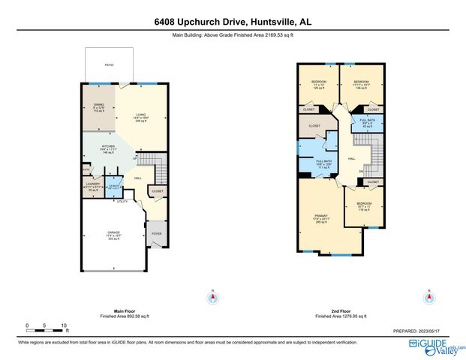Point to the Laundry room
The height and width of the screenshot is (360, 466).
(94, 187)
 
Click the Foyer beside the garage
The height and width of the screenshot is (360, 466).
(157, 234)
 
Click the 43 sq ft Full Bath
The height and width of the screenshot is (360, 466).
(367, 122)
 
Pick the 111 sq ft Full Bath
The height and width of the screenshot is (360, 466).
(323, 164)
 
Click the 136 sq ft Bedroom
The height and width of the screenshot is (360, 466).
(362, 85)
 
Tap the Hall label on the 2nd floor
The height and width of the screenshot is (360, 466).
(351, 160)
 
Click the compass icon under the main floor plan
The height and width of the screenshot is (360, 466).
(214, 298)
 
